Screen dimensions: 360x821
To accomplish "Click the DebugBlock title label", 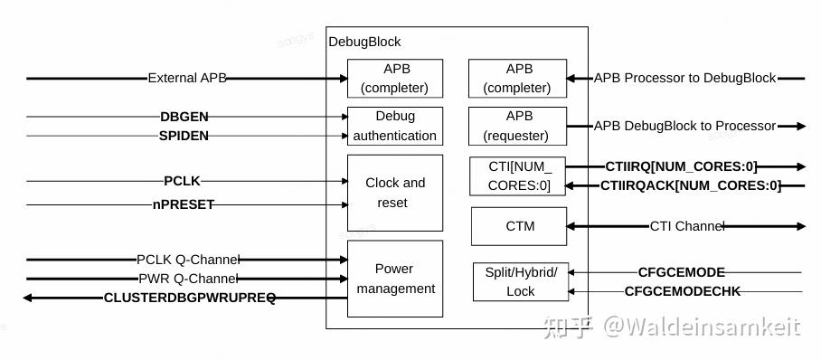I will click(x=364, y=42).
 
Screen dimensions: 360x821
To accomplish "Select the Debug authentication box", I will click(x=395, y=127).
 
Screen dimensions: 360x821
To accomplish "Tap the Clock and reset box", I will click(x=395, y=193).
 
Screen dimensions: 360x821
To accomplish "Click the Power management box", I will click(x=395, y=279).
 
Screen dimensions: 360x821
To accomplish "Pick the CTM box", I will click(x=519, y=226).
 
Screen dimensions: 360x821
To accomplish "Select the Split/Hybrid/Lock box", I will click(x=521, y=282).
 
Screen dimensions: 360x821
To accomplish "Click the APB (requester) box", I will click(x=517, y=126).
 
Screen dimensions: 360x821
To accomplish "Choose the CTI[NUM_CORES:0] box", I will click(x=517, y=176).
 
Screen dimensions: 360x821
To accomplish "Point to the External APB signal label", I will click(x=186, y=79).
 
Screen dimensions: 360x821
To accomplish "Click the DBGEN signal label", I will click(x=184, y=117).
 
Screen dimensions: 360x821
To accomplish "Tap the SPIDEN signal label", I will click(x=184, y=136).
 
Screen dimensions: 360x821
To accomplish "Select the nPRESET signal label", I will click(x=184, y=204).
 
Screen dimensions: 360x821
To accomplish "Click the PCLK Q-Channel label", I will click(x=187, y=261).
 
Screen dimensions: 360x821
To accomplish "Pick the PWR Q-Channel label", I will click(x=188, y=279).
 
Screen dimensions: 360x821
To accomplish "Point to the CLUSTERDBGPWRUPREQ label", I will click(x=190, y=298).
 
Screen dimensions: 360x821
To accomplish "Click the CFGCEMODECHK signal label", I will click(x=683, y=291).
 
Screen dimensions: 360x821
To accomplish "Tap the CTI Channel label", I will click(x=687, y=226).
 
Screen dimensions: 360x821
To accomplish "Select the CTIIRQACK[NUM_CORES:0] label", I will click(x=691, y=186).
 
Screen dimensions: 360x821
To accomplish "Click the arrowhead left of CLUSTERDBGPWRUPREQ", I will click(x=29, y=298).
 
